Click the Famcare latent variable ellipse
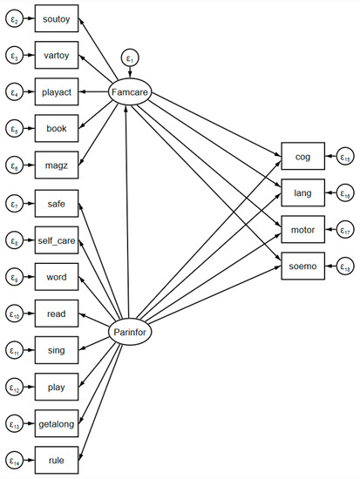[129, 90]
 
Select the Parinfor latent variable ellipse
[129, 331]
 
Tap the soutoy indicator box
[57, 16]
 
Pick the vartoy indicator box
[57, 53]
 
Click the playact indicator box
[57, 90]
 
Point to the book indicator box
[57, 126]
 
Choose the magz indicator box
[57, 163]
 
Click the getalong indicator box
[57, 422]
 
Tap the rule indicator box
[57, 459]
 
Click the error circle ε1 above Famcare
[129, 59]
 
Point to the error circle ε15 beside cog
[345, 157]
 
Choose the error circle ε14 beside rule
[14, 459]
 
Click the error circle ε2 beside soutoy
[14, 16]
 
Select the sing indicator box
[57, 349]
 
